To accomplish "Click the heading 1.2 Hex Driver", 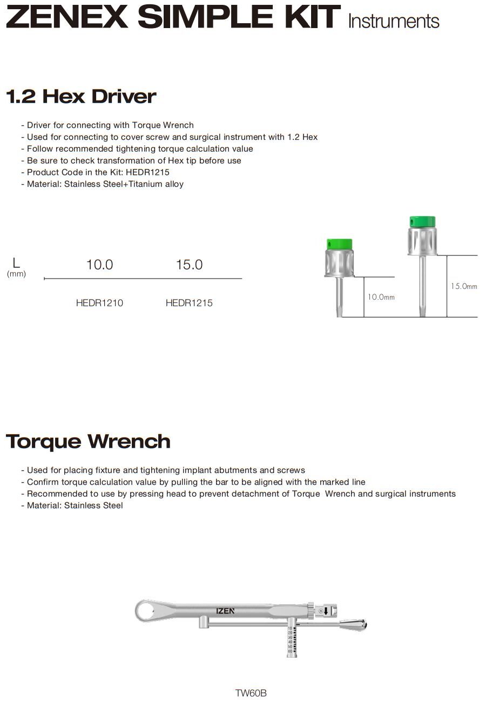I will [x=81, y=97].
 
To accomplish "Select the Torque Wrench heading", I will [x=88, y=442].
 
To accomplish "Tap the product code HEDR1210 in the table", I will [x=99, y=303].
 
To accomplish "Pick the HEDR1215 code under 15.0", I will [x=189, y=303].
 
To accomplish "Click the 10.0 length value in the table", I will [x=100, y=265].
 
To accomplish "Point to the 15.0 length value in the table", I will [x=189, y=265].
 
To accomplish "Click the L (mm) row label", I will [x=16, y=267].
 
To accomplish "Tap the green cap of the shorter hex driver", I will [x=340, y=244].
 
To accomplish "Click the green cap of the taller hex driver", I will [x=422, y=221].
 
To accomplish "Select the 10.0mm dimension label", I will [x=381, y=297].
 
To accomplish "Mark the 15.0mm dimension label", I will [x=464, y=286].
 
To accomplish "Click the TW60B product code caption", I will [x=251, y=693].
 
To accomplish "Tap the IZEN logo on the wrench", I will [x=225, y=611].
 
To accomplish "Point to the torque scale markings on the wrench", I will [x=291, y=640].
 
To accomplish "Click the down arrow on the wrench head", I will [x=326, y=611].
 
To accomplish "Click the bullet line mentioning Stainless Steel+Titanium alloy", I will [x=105, y=184].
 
